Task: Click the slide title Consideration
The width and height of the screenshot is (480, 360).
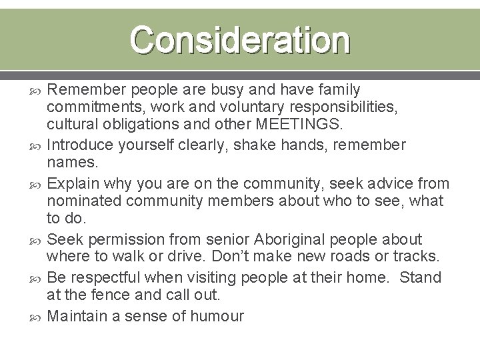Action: point(239,40)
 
